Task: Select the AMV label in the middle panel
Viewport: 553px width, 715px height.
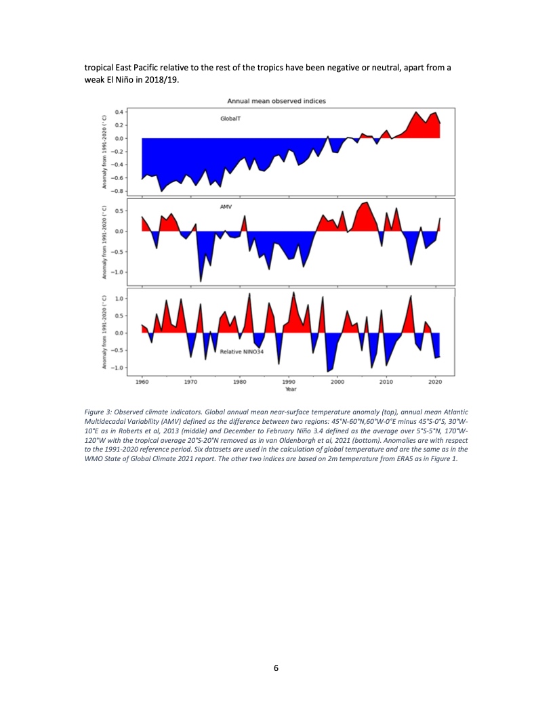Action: coord(226,205)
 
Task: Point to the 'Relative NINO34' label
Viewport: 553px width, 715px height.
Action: coord(241,352)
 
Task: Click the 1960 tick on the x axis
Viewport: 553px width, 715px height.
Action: coord(142,383)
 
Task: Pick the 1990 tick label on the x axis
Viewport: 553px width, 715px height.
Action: coord(289,383)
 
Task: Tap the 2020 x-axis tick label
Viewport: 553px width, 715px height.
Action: coord(435,383)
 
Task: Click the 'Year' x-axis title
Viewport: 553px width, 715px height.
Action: coord(289,389)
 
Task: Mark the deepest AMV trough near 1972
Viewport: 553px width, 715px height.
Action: coord(201,280)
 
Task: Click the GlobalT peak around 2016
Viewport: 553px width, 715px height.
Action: coord(416,112)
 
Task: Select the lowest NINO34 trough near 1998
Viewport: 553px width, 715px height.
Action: coord(328,371)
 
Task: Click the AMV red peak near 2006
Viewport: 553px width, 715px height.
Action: coord(367,202)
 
